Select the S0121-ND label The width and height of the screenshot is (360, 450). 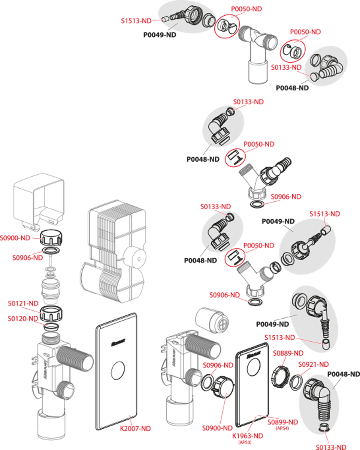[x=23, y=303]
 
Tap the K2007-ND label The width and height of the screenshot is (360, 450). [x=135, y=428]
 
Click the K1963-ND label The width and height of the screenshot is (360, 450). [x=248, y=436]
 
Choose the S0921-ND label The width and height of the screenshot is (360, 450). [x=314, y=364]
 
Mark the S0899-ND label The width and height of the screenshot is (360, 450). [x=283, y=422]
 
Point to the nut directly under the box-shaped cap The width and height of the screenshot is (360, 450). [x=52, y=238]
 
